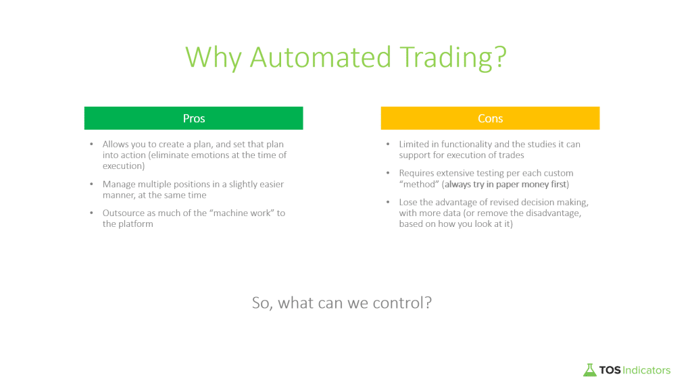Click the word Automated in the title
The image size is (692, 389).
321,57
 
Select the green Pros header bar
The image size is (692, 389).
194,118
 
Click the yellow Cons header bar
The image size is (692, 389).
491,118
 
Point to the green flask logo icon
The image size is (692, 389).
589,370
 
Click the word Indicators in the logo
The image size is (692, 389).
647,370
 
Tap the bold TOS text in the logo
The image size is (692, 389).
610,370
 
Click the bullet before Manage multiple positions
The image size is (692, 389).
91,184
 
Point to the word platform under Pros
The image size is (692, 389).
136,224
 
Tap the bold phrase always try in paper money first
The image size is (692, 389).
505,184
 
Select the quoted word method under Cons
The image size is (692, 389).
419,184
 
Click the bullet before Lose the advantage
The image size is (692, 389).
388,202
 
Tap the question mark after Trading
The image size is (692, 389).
501,57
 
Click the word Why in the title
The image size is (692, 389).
214,58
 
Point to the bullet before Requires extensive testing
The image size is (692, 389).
388,173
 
